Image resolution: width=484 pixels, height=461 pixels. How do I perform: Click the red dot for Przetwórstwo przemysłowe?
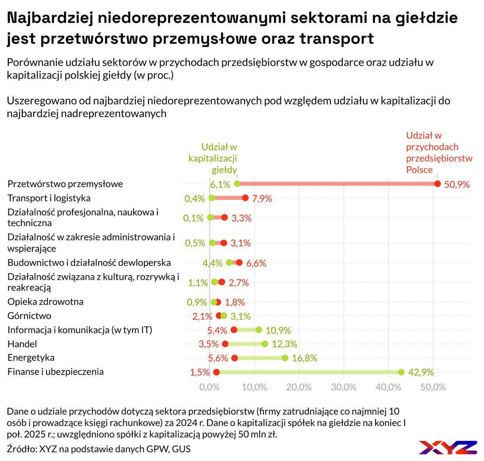tap(438, 184)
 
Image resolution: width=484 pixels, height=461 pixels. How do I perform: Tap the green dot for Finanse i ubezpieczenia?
tap(401, 372)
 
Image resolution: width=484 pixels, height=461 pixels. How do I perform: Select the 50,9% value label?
tap(457, 184)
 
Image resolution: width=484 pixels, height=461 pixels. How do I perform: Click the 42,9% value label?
tap(421, 372)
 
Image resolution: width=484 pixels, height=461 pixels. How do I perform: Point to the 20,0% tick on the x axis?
tap(299, 387)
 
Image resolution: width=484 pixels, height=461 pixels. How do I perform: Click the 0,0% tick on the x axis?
tap(210, 387)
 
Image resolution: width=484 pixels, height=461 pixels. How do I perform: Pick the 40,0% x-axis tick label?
tap(388, 387)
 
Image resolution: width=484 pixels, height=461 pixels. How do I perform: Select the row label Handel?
tap(22, 344)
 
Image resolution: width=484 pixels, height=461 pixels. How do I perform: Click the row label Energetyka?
tap(31, 358)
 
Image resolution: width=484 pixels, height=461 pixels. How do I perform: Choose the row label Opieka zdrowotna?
tap(46, 302)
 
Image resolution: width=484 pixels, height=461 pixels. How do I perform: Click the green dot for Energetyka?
tap(285, 358)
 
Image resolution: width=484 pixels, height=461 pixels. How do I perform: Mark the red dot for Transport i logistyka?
tap(245, 198)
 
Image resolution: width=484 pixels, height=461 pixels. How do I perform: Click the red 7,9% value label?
tap(262, 198)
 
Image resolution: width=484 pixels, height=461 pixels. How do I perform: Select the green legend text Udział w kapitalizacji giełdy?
tap(214, 158)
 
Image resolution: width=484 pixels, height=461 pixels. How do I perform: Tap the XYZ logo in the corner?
tap(448, 447)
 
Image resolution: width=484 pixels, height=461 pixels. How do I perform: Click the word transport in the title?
tap(336, 39)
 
